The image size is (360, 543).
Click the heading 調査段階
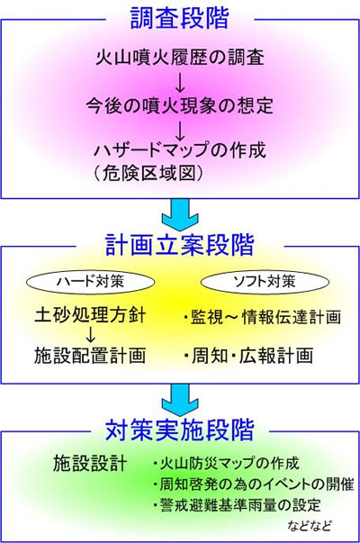(180, 19)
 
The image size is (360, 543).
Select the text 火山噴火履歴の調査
(180, 58)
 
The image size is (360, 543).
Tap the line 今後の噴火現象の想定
(180, 105)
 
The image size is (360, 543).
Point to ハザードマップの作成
(180, 150)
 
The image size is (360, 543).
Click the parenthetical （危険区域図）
(148, 172)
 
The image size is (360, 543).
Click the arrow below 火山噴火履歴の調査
(180, 82)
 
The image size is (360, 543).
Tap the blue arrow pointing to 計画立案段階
(180, 215)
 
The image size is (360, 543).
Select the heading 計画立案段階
(180, 245)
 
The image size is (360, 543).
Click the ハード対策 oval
(90, 282)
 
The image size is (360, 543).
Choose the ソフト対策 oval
(265, 282)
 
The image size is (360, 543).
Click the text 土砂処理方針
(90, 316)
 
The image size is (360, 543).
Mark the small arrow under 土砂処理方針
(90, 335)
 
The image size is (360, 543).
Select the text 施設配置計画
(90, 356)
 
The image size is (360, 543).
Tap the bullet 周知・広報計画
(248, 356)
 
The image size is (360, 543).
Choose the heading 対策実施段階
(180, 430)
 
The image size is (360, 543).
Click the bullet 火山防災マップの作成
(226, 464)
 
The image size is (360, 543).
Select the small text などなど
(310, 526)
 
